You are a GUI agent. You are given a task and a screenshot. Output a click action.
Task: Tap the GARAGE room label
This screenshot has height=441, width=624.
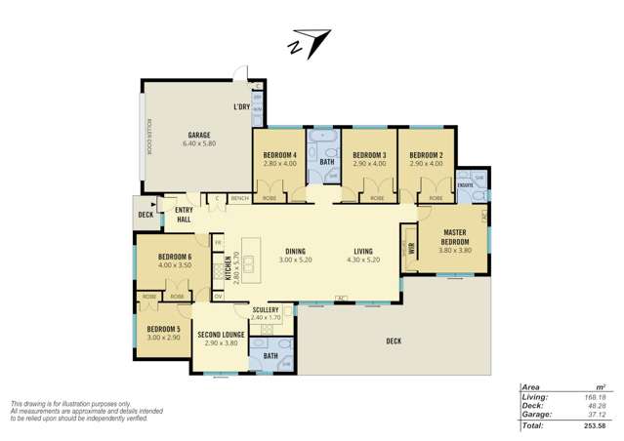(x=199, y=135)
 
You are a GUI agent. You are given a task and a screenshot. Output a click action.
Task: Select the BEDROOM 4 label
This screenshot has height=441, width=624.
(x=279, y=156)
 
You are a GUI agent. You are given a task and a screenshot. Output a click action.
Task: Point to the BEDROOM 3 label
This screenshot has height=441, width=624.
(x=369, y=156)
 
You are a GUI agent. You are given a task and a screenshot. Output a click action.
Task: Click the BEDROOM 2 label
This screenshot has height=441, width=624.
(x=426, y=156)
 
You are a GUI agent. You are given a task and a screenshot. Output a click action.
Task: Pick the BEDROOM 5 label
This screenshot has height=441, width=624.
(x=163, y=330)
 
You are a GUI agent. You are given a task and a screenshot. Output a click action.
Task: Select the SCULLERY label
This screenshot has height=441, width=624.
(x=265, y=309)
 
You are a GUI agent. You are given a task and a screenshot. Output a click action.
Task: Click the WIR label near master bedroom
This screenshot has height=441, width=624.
(x=412, y=247)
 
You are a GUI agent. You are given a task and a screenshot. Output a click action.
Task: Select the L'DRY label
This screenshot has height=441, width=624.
(x=241, y=106)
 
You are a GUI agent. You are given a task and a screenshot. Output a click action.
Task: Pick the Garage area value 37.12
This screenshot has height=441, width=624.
(x=595, y=415)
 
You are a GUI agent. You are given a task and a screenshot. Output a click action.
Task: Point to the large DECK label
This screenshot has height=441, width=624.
(x=393, y=341)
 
